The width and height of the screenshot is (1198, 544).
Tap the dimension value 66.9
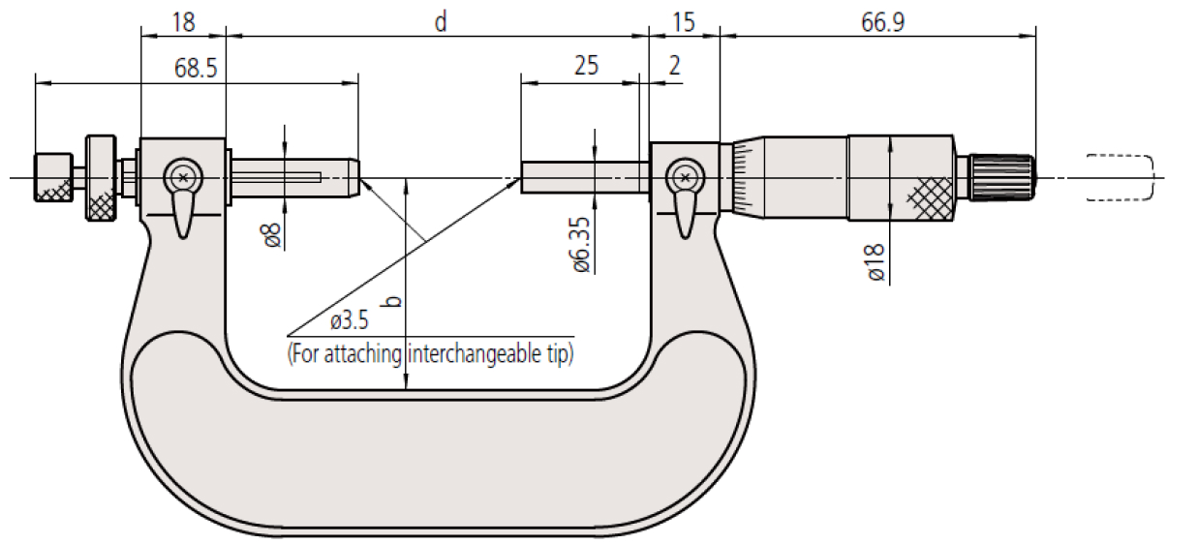(x=882, y=22)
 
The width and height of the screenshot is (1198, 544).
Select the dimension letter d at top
(x=440, y=22)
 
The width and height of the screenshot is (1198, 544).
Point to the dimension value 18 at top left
(x=183, y=22)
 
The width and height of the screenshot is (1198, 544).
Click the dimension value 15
(x=684, y=22)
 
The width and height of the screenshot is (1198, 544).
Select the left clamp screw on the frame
(x=182, y=177)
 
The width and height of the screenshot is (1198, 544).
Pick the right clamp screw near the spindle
(x=686, y=177)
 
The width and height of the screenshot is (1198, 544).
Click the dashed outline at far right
(x=1120, y=177)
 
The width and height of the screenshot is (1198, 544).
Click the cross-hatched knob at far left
(x=53, y=177)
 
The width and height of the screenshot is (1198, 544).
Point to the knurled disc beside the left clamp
(x=100, y=177)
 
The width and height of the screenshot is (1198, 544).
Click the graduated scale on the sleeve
(x=743, y=177)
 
